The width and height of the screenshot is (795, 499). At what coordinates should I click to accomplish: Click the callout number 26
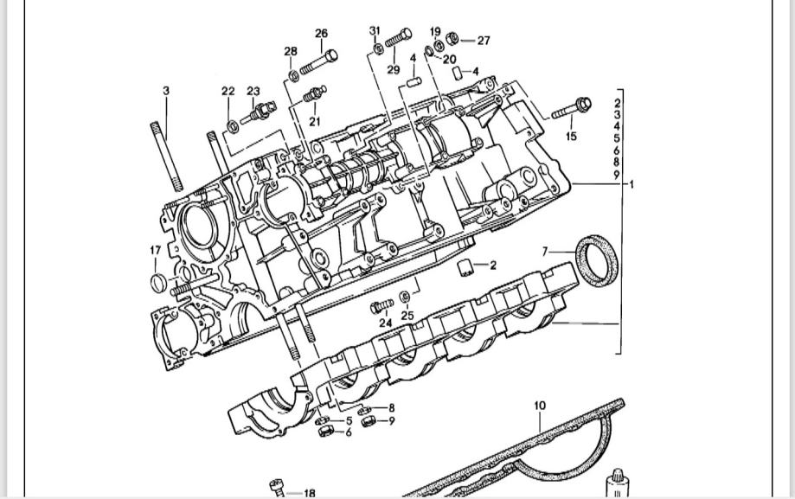322,34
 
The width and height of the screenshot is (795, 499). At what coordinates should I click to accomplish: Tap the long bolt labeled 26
319,62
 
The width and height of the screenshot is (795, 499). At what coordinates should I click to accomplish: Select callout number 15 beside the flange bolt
571,136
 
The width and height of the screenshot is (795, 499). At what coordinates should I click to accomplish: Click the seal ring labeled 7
598,260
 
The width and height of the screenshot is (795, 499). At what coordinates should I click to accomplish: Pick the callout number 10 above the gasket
540,406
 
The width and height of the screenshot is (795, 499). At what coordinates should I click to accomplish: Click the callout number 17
155,250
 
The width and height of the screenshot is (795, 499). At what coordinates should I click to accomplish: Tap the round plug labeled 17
158,283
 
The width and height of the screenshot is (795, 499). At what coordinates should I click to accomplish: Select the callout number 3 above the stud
166,91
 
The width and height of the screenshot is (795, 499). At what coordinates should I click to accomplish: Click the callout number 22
228,92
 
